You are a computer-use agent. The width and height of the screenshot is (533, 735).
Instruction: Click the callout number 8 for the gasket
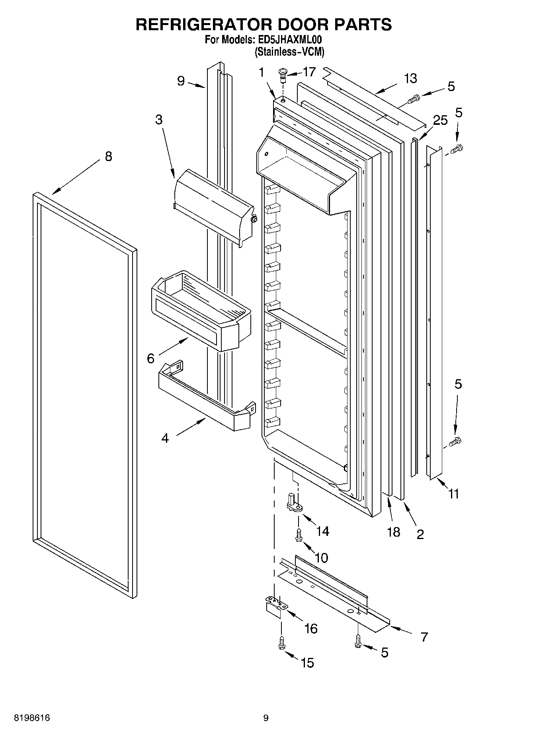click(108, 156)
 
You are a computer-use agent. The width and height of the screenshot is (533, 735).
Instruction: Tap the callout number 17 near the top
click(309, 72)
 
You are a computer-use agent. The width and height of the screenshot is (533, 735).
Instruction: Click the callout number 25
click(440, 120)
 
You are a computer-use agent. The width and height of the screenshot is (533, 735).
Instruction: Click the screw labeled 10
click(298, 535)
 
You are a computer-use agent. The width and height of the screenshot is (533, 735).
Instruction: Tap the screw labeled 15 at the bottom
click(281, 642)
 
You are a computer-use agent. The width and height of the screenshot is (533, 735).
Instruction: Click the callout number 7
click(424, 637)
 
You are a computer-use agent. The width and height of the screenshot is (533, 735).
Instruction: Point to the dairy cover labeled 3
click(213, 207)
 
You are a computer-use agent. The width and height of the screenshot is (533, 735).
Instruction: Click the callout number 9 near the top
click(181, 81)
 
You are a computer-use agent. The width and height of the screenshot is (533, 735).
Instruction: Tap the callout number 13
click(410, 78)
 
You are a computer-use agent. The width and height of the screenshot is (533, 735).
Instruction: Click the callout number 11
click(453, 494)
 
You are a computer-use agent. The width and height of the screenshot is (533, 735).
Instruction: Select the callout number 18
click(393, 531)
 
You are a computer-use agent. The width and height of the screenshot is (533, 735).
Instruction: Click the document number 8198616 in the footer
click(32, 718)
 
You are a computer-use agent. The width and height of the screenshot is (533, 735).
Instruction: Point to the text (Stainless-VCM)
click(289, 52)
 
